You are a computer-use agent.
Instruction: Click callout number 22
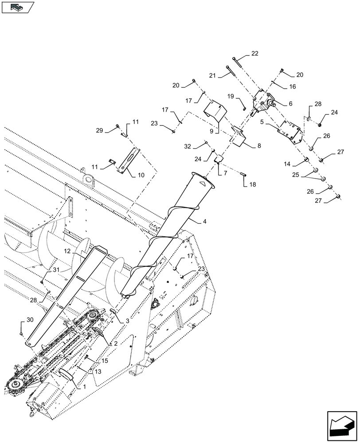click(254, 54)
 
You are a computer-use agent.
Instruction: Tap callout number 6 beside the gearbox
click(290, 103)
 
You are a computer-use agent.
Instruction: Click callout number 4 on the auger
click(204, 221)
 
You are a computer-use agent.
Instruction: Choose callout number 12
click(67, 251)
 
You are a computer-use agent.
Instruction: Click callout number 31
click(56, 270)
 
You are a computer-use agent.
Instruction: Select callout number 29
click(99, 130)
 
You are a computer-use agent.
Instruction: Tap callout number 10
click(141, 175)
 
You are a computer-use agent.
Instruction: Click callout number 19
click(231, 96)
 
